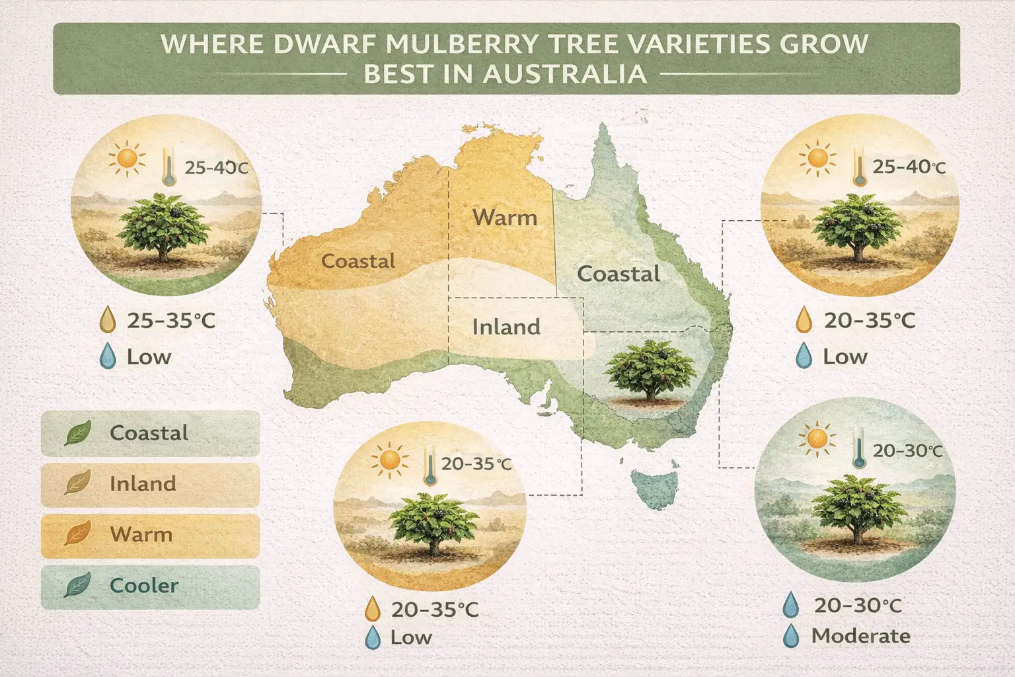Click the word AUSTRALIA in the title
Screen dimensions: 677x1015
tap(564, 73)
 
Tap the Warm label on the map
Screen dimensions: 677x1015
tap(505, 217)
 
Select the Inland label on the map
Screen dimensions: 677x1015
tap(506, 327)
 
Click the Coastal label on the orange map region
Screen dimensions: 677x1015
tap(358, 260)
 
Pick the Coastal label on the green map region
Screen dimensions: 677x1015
tap(619, 273)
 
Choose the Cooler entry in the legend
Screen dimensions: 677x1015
tap(144, 585)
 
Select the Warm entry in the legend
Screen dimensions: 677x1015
tap(141, 534)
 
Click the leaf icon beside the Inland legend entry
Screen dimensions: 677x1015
tap(77, 483)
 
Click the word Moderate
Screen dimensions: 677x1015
tap(860, 636)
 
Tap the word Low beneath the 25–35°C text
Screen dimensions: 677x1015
tap(149, 357)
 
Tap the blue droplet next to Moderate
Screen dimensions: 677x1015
tap(790, 637)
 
